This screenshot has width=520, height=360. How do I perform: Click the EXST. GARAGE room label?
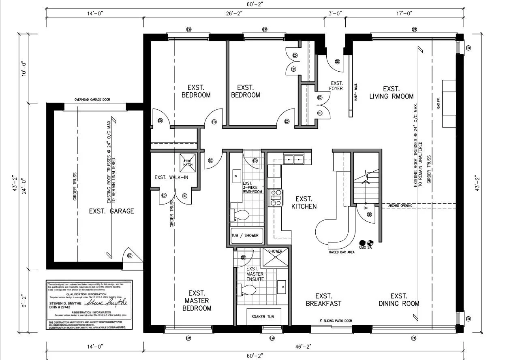pos(111,211)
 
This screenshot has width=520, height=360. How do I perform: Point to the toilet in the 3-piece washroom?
pos(240,215)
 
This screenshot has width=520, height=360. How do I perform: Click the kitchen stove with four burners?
pos(274,198)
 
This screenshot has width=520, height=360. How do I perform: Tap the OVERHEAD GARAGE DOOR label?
pos(92,100)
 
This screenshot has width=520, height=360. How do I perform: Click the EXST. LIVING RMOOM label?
pos(391,92)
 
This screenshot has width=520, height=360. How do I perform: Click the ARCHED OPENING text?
pos(400,206)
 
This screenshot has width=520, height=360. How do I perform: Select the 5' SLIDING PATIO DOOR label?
pos(336,321)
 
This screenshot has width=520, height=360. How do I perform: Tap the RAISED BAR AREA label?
pos(342,252)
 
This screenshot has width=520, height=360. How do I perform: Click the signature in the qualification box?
pos(112,302)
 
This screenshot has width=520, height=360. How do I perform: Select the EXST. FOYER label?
pos(336,85)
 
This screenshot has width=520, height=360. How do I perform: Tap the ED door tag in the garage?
pos(130,256)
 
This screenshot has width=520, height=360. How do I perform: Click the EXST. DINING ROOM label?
pos(399,300)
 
